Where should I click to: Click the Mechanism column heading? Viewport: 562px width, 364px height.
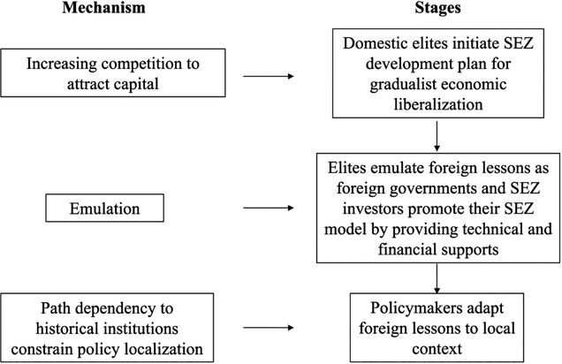tap(104, 8)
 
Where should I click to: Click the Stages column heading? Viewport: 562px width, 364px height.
tap(437, 8)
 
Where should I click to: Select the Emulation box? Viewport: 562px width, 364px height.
tap(104, 209)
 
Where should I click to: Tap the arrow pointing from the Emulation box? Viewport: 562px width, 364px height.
tap(269, 208)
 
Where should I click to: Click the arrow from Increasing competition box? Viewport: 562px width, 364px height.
tap(269, 76)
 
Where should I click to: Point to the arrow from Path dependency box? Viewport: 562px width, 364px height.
tap(269, 328)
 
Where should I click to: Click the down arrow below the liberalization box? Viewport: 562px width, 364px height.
tap(437, 136)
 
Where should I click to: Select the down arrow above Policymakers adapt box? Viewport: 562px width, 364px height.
tap(437, 278)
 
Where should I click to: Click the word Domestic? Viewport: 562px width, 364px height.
tap(370, 43)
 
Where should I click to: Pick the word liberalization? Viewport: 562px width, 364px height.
tap(438, 104)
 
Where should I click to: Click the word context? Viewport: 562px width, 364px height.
tap(437, 349)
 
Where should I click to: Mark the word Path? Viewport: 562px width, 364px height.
tap(56, 308)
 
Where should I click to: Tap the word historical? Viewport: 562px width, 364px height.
tap(67, 329)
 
